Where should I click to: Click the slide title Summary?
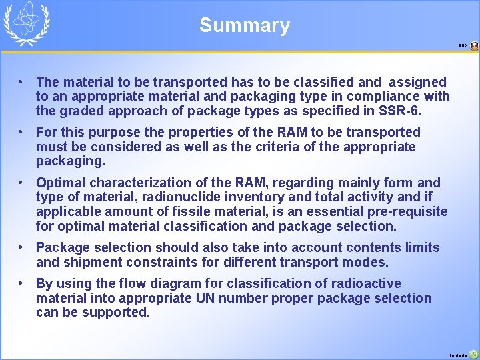(x=245, y=25)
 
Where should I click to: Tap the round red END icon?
(x=474, y=46)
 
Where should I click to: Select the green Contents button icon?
(x=473, y=355)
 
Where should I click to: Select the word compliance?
(x=393, y=96)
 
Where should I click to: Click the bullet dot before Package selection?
(x=23, y=247)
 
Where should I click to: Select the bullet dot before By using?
(x=23, y=283)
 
